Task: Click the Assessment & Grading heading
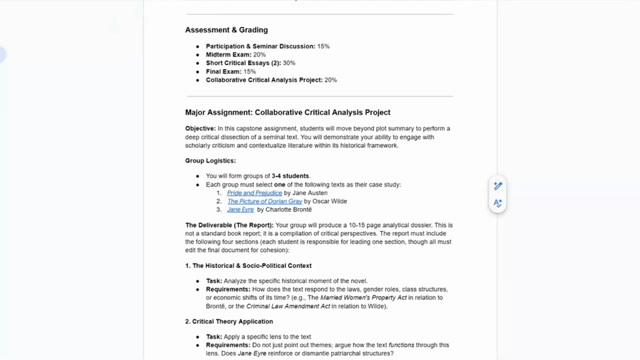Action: coord(226,30)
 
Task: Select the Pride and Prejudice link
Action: coord(254,193)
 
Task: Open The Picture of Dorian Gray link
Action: coord(264,201)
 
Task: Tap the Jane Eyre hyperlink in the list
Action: coord(240,209)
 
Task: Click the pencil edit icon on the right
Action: coord(497,186)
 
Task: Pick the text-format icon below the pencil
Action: coord(497,203)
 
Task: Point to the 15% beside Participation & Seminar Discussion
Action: coord(323,47)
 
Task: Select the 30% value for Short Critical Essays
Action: coord(289,63)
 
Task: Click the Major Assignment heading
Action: coord(287,113)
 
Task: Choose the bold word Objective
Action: coord(200,129)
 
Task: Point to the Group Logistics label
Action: coord(210,161)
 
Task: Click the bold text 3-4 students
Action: coord(291,176)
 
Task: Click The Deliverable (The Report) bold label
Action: coord(229,225)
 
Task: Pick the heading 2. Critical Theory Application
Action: coord(230,321)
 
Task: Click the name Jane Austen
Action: coord(309,193)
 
